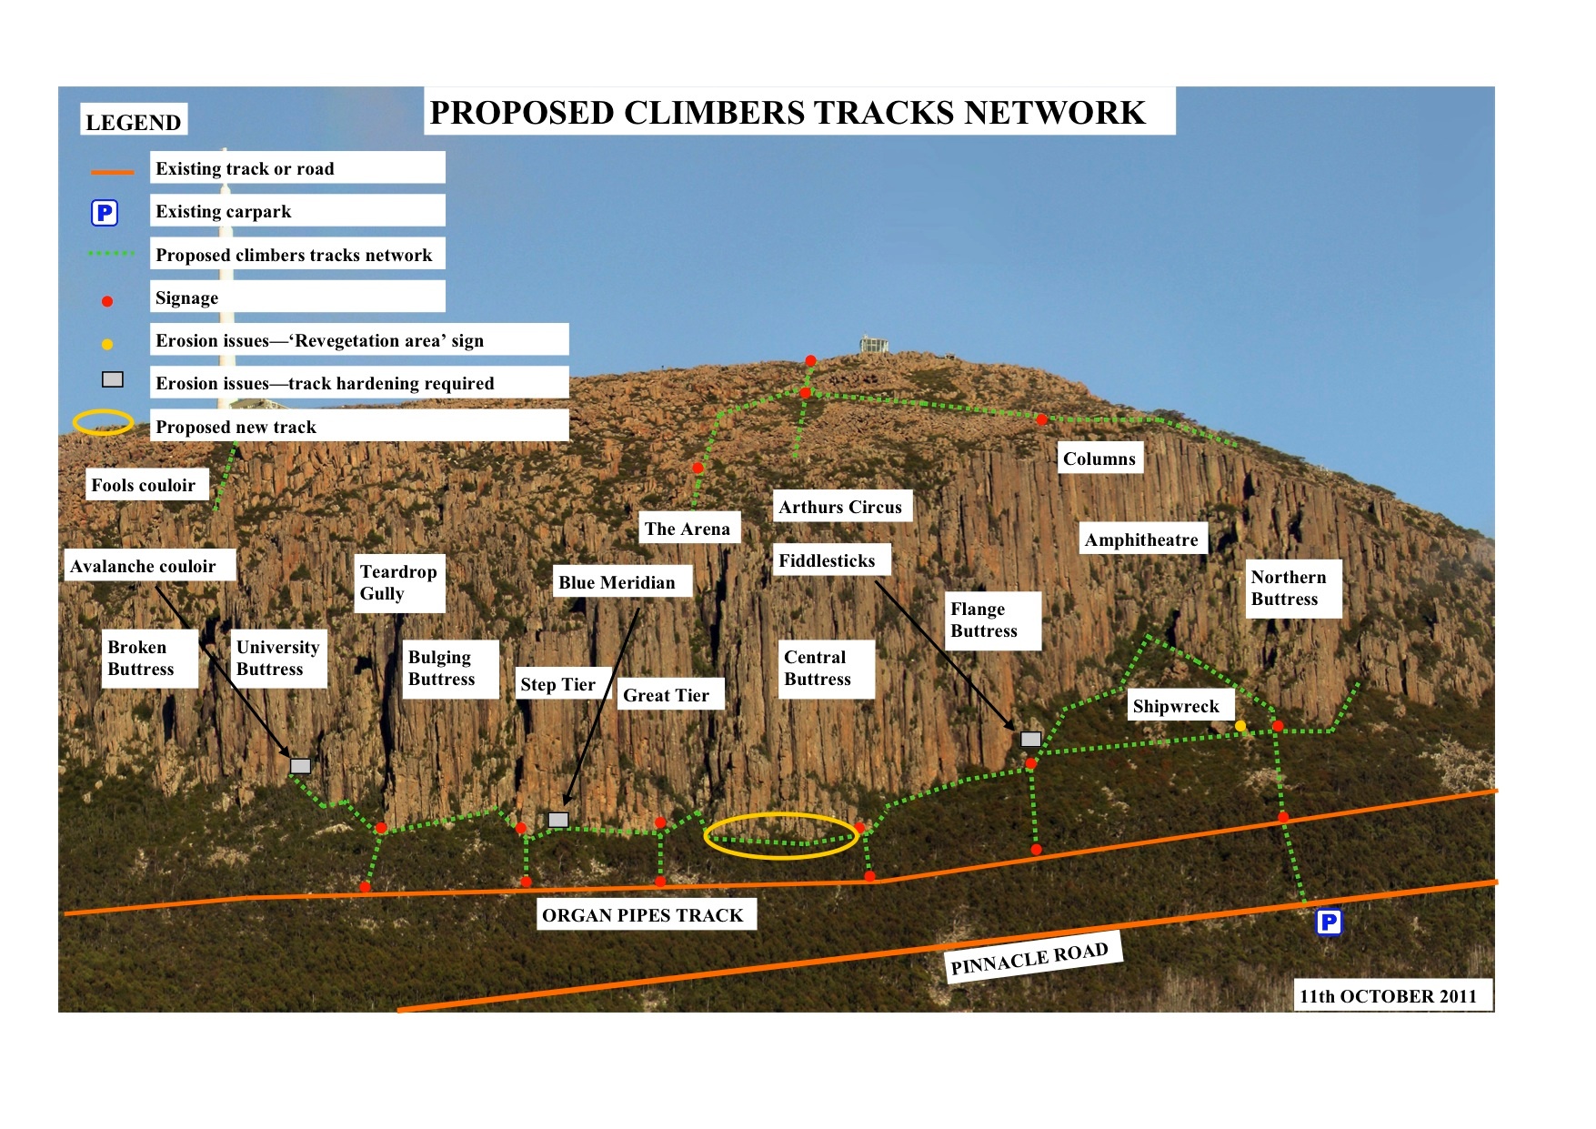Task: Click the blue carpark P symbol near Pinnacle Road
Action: pos(1329,922)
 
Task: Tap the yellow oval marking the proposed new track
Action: pos(781,836)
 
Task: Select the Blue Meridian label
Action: pos(617,582)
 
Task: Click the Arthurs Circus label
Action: pos(840,507)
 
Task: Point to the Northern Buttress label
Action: pos(1289,588)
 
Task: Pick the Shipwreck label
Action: pos(1176,706)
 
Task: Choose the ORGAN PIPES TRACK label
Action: pos(643,915)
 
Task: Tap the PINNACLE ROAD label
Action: pos(1029,959)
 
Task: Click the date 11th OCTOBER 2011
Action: pos(1388,996)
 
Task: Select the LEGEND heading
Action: pos(133,122)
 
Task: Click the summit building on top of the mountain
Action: pos(874,345)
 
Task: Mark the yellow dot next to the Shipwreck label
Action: pos(1240,726)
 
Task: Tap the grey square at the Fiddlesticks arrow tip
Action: pos(1030,740)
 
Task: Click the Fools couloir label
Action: pos(144,485)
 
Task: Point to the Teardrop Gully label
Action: pos(398,582)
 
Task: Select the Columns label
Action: pos(1099,459)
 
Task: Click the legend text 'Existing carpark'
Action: pos(224,211)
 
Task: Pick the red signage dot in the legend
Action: pos(107,301)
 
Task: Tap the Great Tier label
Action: pos(666,695)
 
